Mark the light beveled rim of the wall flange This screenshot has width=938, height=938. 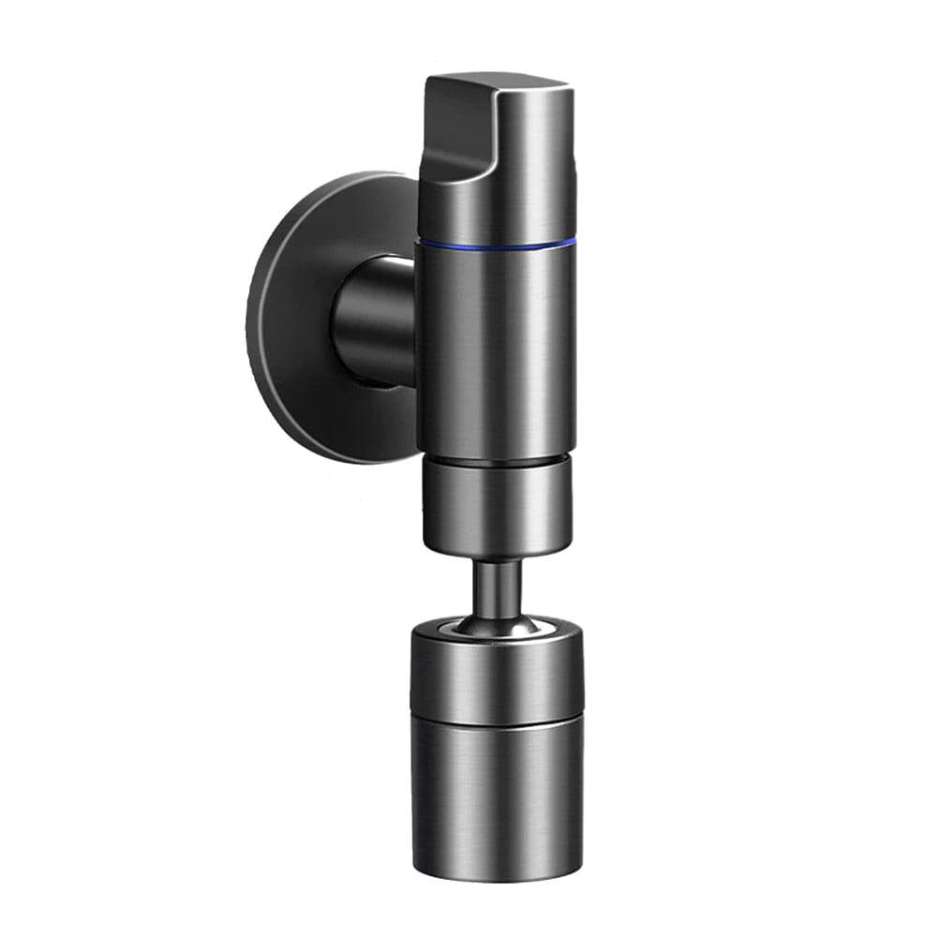click(x=258, y=319)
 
